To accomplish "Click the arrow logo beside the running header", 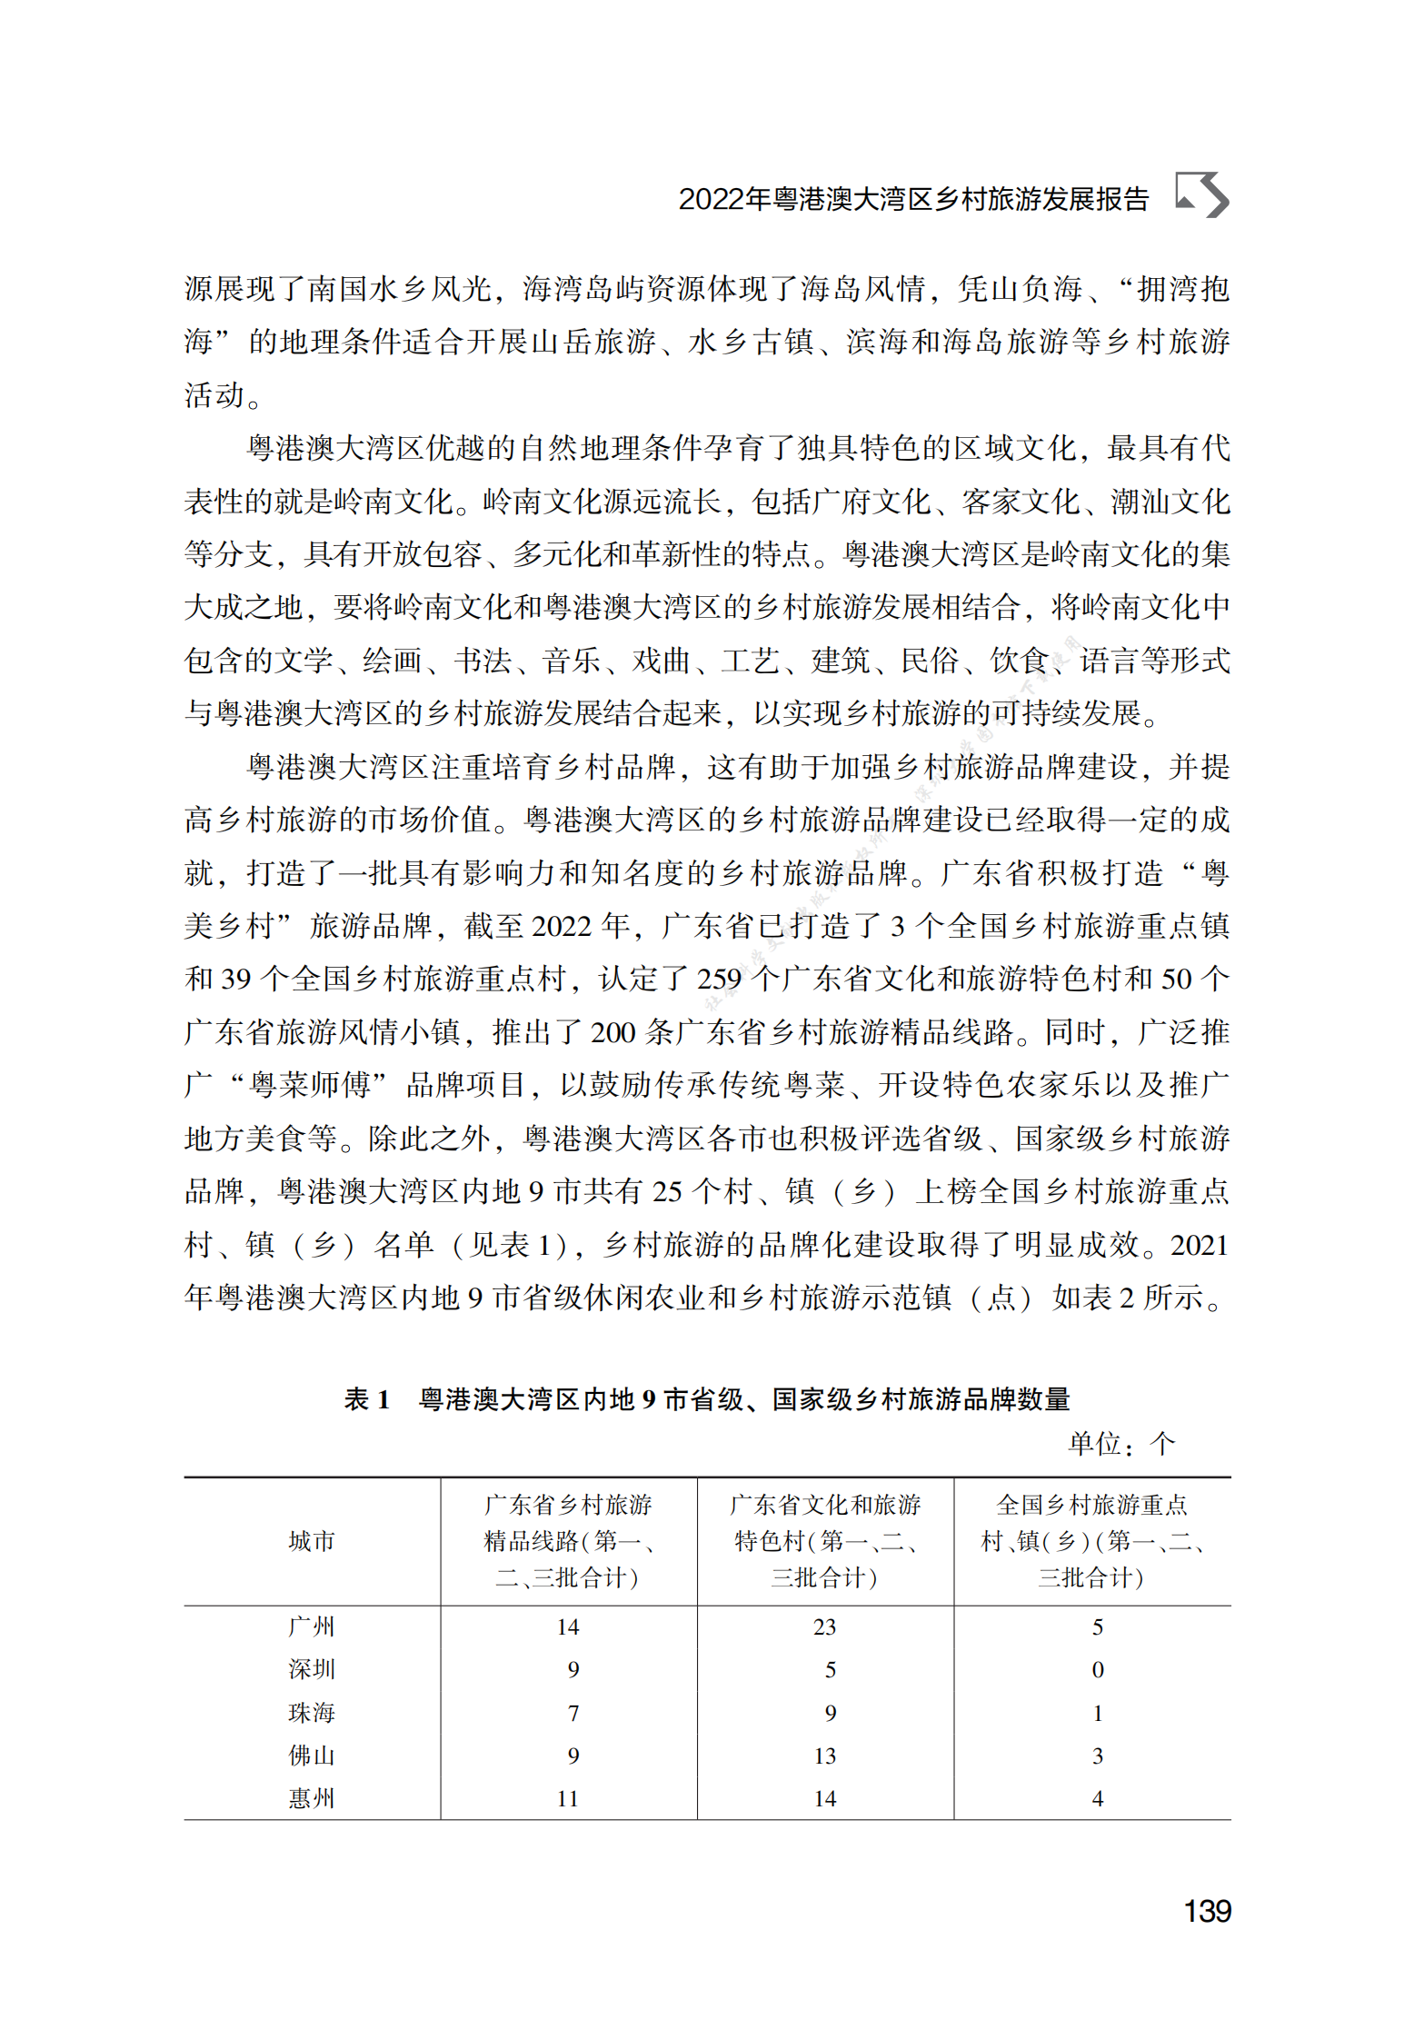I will (1201, 194).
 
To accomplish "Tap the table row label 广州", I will (311, 1626).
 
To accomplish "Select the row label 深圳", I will (311, 1669).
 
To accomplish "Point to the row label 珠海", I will (311, 1713).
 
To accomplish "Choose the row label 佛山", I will (311, 1756).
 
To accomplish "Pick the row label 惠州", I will (311, 1798).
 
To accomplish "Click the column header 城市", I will (311, 1541).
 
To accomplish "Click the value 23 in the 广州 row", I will (824, 1626).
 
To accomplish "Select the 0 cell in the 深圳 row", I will (1097, 1669).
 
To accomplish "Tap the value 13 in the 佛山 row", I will (824, 1756).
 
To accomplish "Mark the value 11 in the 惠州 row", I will (568, 1798).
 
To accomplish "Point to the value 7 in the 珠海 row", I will (573, 1713).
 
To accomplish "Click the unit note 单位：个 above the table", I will (1120, 1444).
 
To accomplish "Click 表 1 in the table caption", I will (367, 1399).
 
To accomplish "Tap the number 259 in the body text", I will (719, 979).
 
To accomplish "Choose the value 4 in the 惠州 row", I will (1097, 1798).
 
